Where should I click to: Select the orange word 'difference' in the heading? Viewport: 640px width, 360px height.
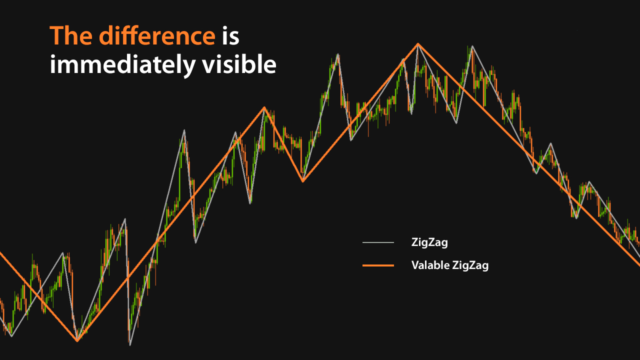tap(156, 36)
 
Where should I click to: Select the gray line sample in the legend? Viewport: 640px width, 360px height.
tap(378, 243)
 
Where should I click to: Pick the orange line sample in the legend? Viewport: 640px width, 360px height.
tap(378, 265)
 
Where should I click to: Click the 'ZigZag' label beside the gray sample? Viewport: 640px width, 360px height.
tap(429, 243)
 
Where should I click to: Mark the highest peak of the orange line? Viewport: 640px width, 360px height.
tap(418, 44)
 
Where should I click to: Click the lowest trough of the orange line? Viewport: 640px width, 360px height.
tap(77, 341)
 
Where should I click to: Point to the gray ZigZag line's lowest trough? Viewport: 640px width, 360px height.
tap(129, 345)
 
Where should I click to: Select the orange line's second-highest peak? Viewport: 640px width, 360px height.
tap(264, 107)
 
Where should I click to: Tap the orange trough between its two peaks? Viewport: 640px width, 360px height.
tap(302, 181)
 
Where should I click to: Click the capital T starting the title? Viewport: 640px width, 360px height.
tap(56, 36)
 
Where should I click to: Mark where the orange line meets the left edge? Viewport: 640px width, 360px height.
tap(1, 253)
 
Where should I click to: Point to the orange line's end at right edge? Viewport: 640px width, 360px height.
tap(638, 264)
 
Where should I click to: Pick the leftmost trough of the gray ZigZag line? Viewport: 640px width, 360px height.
tap(11, 336)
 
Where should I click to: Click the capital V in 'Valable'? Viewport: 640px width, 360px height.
tap(415, 265)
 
